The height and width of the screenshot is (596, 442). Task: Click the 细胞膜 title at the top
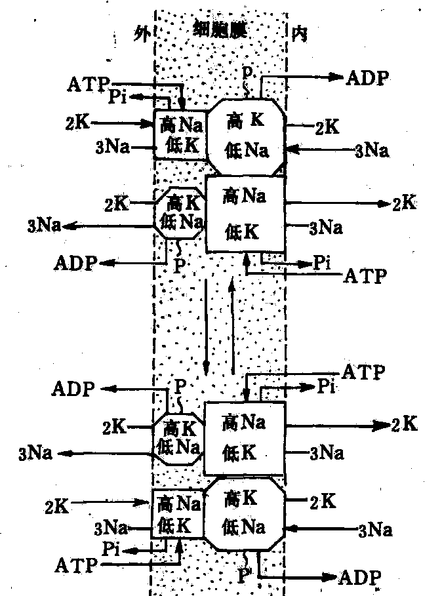[x=220, y=27]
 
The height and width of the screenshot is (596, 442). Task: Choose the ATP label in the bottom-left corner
[x=77, y=564]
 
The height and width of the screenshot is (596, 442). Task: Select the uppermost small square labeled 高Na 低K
[x=180, y=134]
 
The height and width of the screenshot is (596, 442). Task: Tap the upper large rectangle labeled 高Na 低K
[x=245, y=213]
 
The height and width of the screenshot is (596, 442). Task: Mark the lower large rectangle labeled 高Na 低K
[x=244, y=437]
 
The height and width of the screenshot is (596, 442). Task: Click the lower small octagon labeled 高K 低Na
[x=177, y=438]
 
